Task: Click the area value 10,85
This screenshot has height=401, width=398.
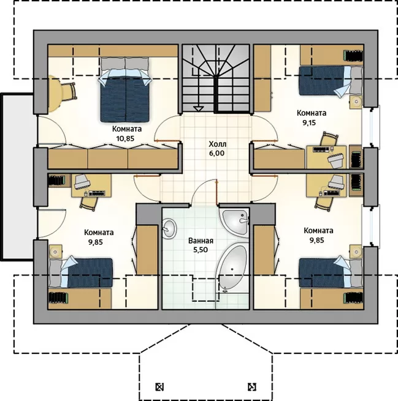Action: tap(125, 138)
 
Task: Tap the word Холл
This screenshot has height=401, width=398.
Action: tap(218, 144)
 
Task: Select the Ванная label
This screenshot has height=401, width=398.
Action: tap(201, 241)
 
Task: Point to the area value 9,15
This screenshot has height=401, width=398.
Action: tap(309, 123)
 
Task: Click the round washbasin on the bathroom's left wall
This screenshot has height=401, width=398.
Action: tap(169, 228)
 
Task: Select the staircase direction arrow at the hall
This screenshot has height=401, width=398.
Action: tap(198, 109)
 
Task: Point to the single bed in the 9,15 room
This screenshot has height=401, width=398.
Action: tap(331, 81)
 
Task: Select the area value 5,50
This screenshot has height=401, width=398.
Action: tap(201, 250)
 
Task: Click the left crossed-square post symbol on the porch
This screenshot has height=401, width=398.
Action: tap(159, 387)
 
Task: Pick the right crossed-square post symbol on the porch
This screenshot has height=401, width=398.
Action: tap(252, 387)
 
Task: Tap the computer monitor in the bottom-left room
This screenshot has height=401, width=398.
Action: tap(82, 182)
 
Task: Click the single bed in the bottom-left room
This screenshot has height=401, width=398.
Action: tap(81, 272)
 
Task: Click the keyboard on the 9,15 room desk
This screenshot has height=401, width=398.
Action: tap(321, 149)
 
